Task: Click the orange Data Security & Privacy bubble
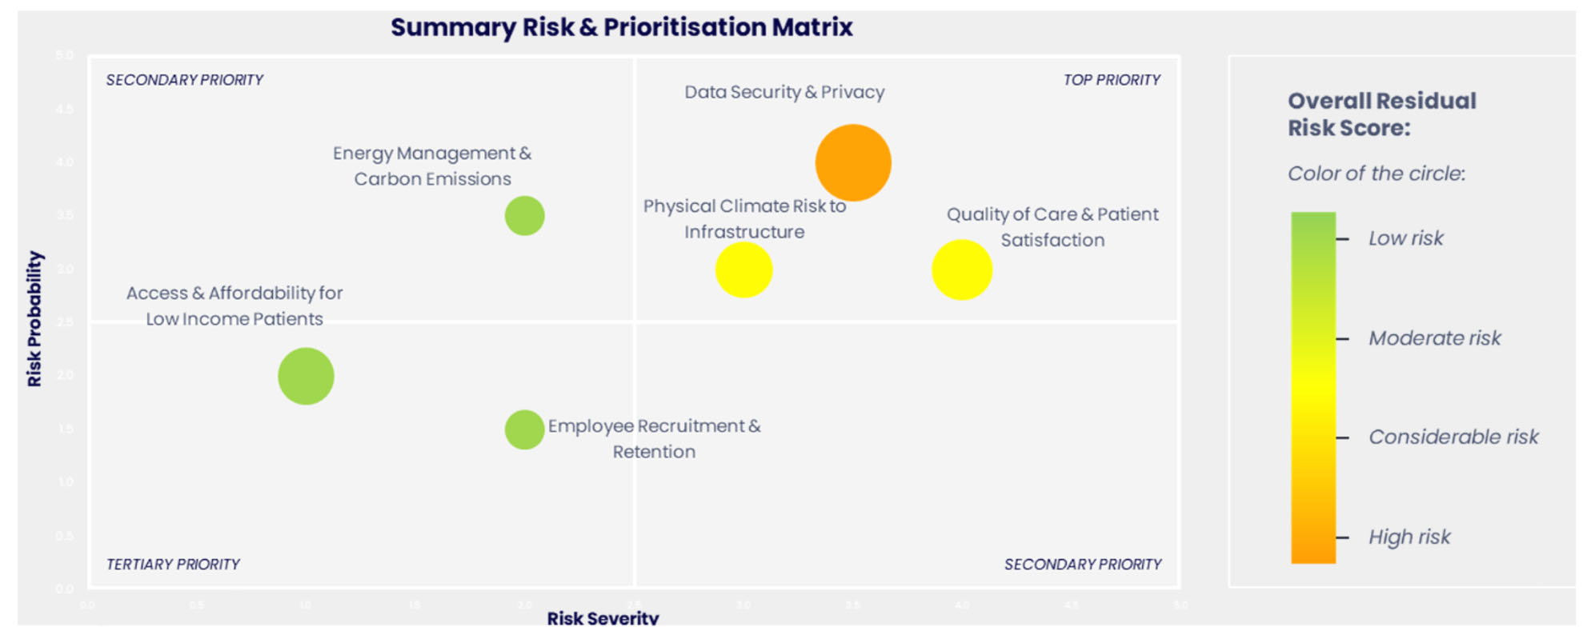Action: pos(853,162)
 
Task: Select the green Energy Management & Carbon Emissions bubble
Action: pos(524,215)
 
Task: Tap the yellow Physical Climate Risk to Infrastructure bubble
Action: pos(743,270)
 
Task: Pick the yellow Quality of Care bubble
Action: pos(962,270)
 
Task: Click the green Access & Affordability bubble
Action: pos(306,376)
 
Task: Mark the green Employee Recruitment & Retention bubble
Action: pos(524,429)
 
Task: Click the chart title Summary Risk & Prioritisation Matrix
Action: pos(621,27)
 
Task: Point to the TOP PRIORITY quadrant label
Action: pos(1111,80)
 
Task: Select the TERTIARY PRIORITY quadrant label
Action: pos(173,565)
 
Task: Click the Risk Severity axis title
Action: pos(603,618)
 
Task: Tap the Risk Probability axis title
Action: pos(34,319)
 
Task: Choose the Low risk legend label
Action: pos(1405,238)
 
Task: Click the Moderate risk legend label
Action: pos(1434,338)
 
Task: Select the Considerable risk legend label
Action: pos(1453,437)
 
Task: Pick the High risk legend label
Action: pos(1409,537)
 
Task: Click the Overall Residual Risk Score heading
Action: pos(1381,114)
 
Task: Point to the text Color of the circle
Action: pos(1376,174)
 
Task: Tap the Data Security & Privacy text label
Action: pos(783,92)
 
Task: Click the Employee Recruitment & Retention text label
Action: pos(654,438)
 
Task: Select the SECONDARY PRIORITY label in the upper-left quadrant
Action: pos(184,80)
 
